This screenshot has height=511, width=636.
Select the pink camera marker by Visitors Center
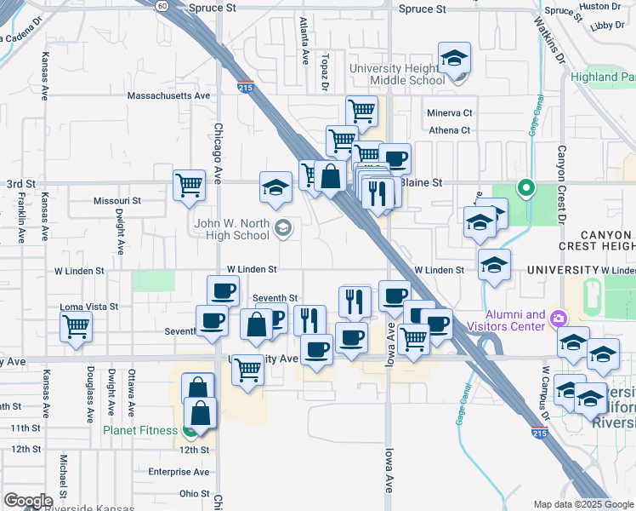pos(559,319)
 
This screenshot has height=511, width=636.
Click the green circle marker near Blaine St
pos(526,187)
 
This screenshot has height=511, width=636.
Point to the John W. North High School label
pos(231,230)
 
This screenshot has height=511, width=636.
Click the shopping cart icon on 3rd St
pos(188,184)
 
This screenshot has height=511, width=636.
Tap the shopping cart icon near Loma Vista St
pos(76,325)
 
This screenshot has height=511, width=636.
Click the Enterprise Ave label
pos(179,472)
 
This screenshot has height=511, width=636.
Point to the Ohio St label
pos(194,494)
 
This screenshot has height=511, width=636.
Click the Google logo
pos(28,501)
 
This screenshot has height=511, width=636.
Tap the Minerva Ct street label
pos(450,113)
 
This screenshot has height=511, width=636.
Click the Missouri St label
pos(116,201)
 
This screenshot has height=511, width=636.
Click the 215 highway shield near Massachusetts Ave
pos(245,87)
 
